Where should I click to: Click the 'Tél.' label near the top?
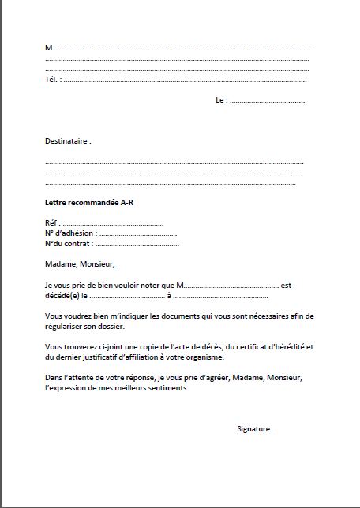point(52,79)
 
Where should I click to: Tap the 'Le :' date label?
point(221,100)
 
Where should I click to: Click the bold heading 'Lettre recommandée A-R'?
point(84,203)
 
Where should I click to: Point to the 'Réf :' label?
point(53,224)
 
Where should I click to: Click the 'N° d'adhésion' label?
point(70,233)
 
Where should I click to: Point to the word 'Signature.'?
point(254,428)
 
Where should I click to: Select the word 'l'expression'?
point(65,388)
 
